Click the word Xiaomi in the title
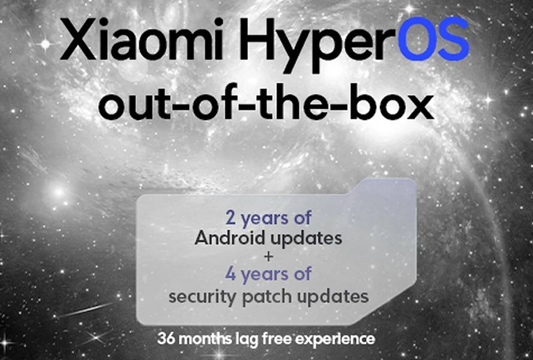(x=141, y=39)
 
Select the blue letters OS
(x=433, y=39)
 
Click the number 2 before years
(x=230, y=218)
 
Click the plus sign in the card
(x=268, y=256)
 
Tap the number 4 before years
(x=230, y=274)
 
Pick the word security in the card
(x=202, y=297)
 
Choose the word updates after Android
(x=306, y=239)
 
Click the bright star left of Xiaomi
(x=45, y=44)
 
